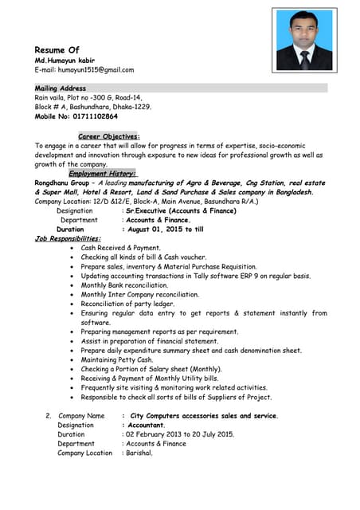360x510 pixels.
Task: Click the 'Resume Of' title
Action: [x=57, y=50]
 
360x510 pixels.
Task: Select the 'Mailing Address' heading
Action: [x=61, y=88]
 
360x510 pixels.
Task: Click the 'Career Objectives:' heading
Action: [x=109, y=136]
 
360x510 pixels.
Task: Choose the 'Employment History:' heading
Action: [x=102, y=173]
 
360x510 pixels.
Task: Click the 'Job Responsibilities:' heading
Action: [x=68, y=238]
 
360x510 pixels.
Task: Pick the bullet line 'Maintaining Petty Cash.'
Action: [x=116, y=359]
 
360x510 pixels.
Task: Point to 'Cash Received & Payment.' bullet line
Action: [x=120, y=248]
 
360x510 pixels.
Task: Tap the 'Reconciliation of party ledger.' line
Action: [x=127, y=304]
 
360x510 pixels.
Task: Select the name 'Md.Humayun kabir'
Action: [x=65, y=61]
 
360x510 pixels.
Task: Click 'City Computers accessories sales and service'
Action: [x=204, y=415]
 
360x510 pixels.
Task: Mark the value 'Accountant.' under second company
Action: [x=146, y=425]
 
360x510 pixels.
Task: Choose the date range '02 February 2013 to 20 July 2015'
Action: [x=178, y=434]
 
